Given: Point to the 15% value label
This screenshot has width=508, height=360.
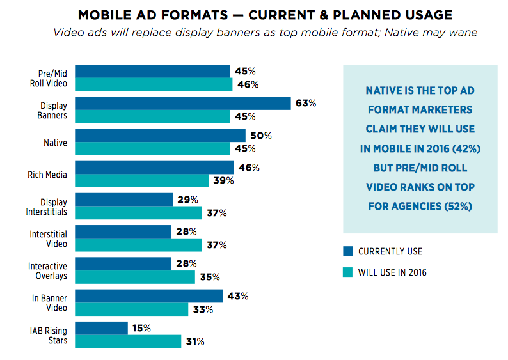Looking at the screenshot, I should pos(141,328).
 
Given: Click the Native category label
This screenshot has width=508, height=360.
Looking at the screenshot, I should pos(54,143).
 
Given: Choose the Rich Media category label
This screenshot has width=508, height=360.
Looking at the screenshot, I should pos(47,175).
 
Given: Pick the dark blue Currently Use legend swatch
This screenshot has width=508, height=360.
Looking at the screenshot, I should pos(348,251).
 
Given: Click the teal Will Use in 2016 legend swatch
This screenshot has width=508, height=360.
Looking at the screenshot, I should pos(348,272).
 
